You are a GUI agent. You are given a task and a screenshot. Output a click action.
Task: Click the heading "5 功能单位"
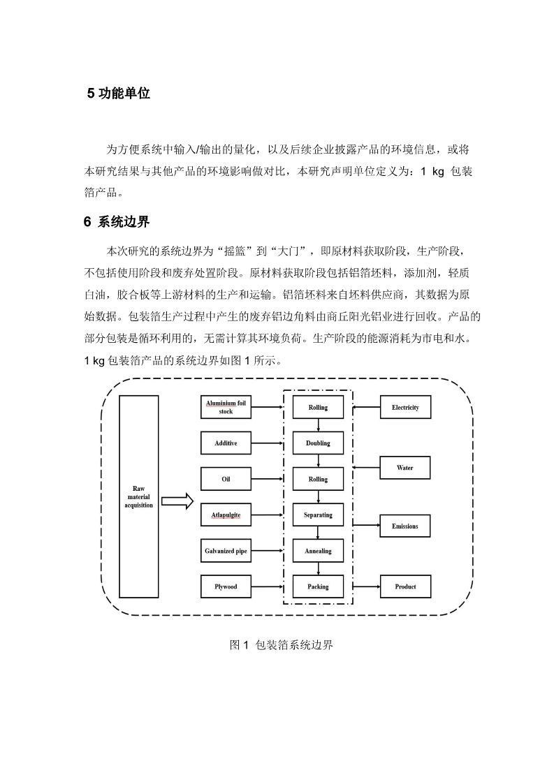coord(119,94)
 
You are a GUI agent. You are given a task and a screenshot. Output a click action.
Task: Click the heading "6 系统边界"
coord(117,222)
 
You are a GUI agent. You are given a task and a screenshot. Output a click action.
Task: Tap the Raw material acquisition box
coord(138,496)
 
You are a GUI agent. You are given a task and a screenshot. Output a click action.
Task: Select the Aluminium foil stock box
coord(226,408)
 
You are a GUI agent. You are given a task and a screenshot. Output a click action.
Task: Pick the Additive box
coord(226,443)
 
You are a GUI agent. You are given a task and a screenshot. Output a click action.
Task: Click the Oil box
coord(226,479)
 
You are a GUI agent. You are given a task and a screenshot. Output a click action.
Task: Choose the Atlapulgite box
coord(226,515)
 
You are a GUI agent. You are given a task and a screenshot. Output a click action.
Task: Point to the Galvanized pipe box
coord(226,551)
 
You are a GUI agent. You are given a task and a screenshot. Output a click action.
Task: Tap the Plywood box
coord(226,586)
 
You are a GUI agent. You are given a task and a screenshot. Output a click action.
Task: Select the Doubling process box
coord(319,443)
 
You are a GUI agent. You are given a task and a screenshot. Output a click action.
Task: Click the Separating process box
coord(319,515)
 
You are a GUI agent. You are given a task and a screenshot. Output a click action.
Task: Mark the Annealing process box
coord(319,551)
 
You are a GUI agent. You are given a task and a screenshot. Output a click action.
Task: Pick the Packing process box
coord(319,586)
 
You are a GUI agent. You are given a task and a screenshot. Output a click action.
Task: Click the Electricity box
coord(405,408)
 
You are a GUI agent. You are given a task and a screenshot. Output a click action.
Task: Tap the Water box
coord(405,468)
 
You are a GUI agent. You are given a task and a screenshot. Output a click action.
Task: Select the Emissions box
coord(405,526)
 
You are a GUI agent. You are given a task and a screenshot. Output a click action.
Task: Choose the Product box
coord(405,586)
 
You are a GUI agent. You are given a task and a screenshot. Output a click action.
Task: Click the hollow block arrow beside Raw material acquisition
coord(177,501)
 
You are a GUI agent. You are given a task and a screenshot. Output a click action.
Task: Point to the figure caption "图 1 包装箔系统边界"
coord(282,645)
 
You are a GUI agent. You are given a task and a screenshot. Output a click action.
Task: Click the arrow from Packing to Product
coord(366,587)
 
